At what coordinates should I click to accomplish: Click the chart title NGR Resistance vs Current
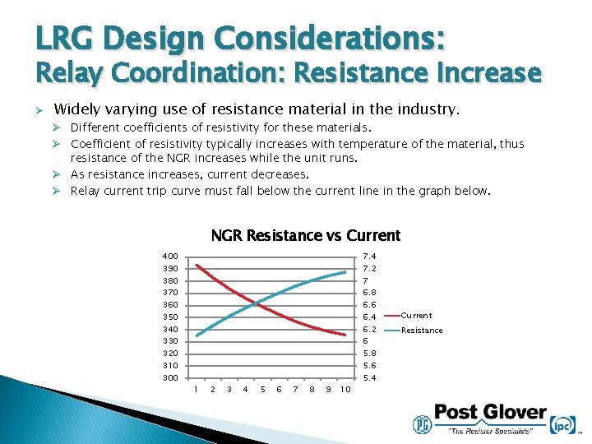(x=305, y=236)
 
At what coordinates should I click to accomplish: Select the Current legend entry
(x=416, y=316)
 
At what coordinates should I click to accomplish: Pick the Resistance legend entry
(x=422, y=331)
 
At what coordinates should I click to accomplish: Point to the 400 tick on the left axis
(x=169, y=257)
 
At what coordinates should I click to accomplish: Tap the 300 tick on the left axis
(x=169, y=378)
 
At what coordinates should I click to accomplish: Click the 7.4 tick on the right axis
(x=369, y=257)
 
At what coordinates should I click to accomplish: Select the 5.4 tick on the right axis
(x=369, y=378)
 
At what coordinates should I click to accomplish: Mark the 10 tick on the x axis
(x=345, y=390)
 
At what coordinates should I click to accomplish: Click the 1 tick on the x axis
(x=196, y=390)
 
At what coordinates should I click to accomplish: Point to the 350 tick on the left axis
(x=169, y=317)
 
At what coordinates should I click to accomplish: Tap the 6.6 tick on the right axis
(x=369, y=305)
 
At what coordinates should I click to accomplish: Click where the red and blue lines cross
(x=255, y=304)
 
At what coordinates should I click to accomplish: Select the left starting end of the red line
(x=196, y=266)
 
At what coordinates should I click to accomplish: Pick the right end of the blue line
(x=345, y=271)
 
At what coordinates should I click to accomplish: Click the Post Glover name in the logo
(x=490, y=413)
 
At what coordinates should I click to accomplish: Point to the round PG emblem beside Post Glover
(x=422, y=423)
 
